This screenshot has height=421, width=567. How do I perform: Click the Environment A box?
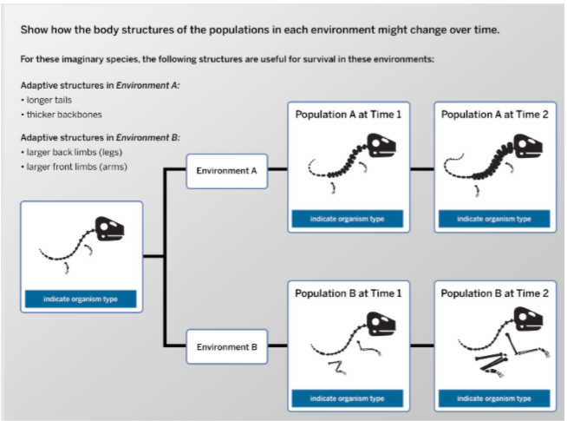click(226, 170)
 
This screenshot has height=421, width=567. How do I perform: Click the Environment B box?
click(226, 346)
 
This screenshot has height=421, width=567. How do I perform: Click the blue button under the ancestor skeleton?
click(81, 299)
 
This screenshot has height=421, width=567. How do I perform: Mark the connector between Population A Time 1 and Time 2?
click(421, 170)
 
